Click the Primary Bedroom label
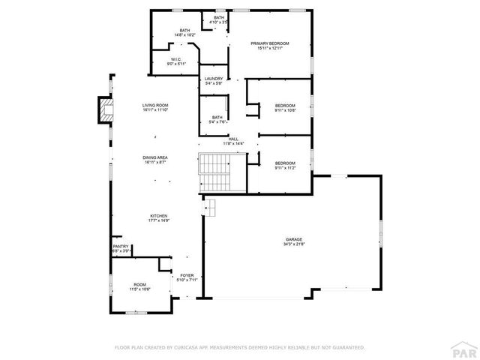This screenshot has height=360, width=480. point(269,43)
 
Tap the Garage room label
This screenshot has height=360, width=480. point(293,239)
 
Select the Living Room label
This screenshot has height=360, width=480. point(155,105)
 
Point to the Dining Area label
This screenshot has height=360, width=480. point(155,157)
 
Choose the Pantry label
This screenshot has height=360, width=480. point(121,246)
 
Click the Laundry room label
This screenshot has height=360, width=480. point(213,79)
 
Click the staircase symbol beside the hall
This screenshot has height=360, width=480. point(214,172)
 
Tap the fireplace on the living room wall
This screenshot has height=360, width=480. point(104,111)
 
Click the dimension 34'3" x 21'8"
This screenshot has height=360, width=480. point(293,244)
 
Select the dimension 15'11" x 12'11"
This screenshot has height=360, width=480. point(269,49)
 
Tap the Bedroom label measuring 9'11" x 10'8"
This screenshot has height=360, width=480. point(285,105)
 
